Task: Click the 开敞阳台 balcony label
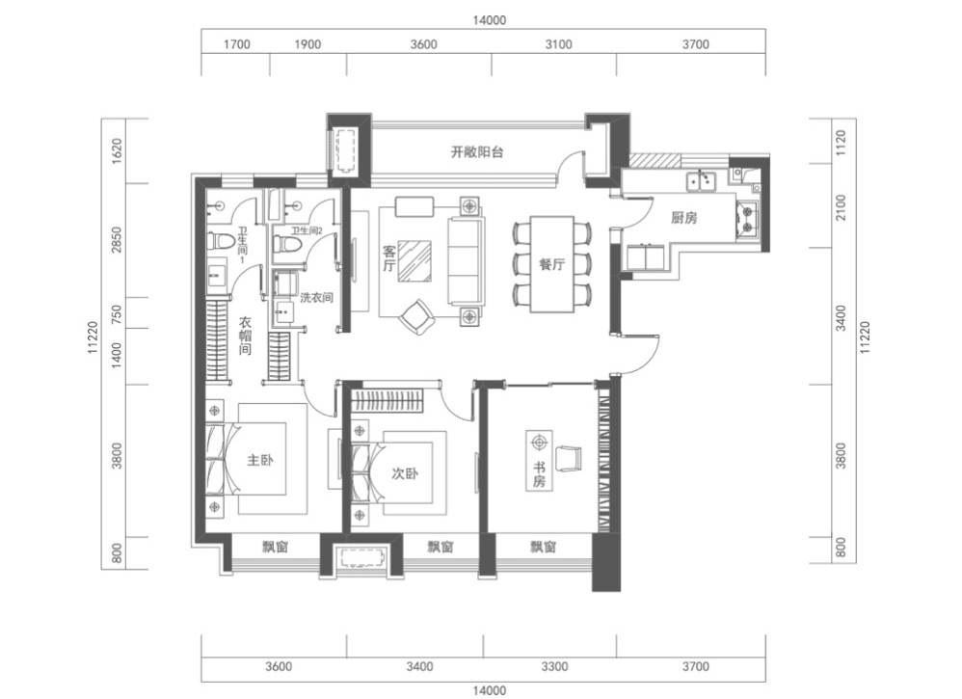pyautogui.click(x=477, y=151)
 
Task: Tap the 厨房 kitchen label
pyautogui.click(x=683, y=217)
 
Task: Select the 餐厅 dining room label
pyautogui.click(x=551, y=264)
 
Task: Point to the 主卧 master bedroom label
pyautogui.click(x=260, y=460)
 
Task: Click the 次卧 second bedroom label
pyautogui.click(x=405, y=473)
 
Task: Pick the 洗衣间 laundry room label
pyautogui.click(x=316, y=298)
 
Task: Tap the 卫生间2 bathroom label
pyautogui.click(x=307, y=230)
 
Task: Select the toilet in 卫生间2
pyautogui.click(x=288, y=244)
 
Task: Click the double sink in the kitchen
pyautogui.click(x=701, y=180)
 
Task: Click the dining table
pyautogui.click(x=552, y=264)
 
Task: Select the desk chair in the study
pyautogui.click(x=569, y=458)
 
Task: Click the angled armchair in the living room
pyautogui.click(x=417, y=316)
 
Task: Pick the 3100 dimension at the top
pyautogui.click(x=558, y=44)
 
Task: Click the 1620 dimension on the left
pyautogui.click(x=117, y=150)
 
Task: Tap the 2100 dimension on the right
pyautogui.click(x=841, y=207)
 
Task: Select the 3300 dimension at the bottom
pyautogui.click(x=554, y=666)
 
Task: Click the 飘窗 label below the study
pyautogui.click(x=543, y=547)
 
